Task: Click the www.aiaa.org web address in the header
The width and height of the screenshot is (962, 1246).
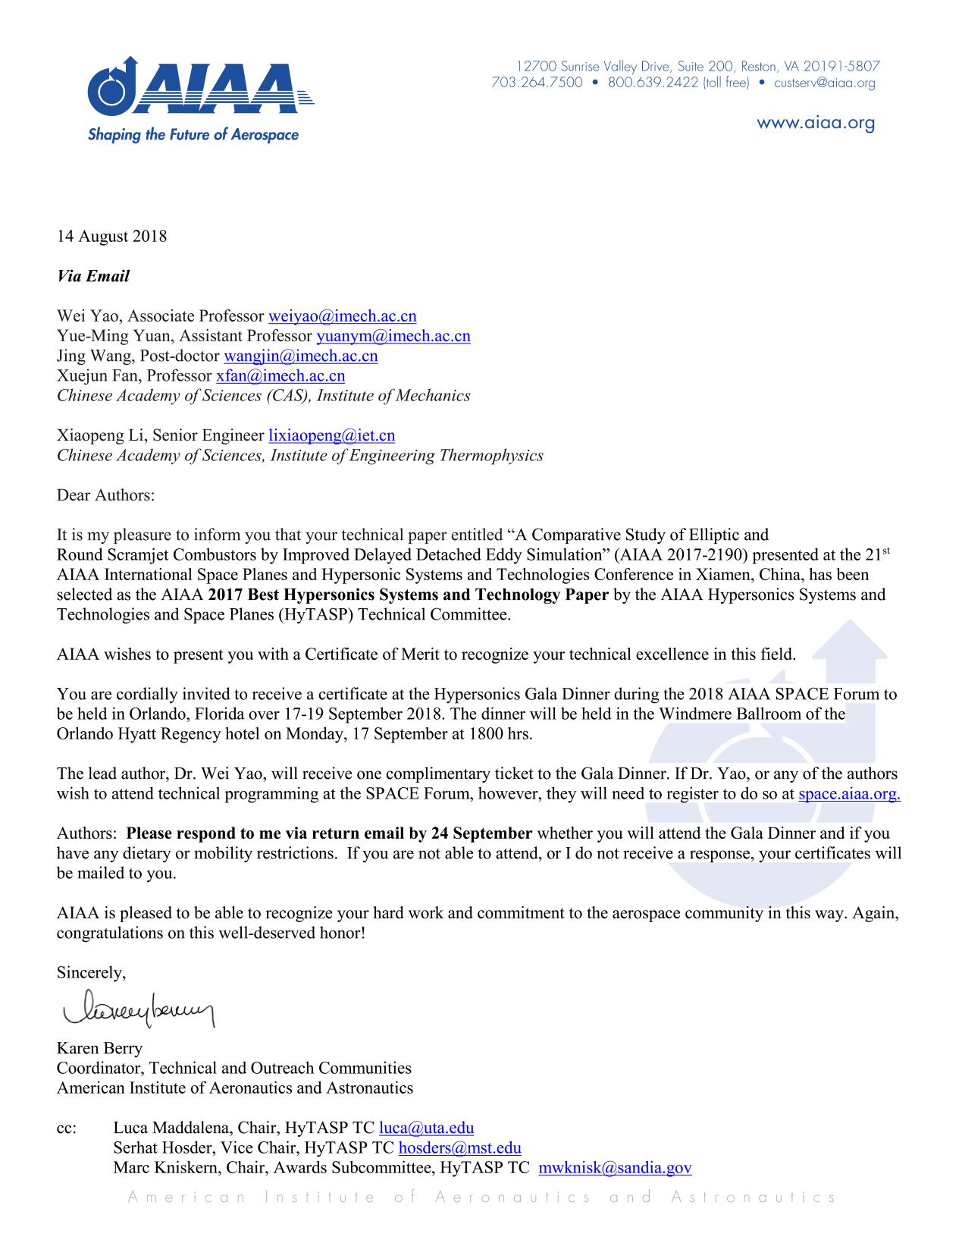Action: [816, 124]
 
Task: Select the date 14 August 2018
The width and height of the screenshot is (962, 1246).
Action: [111, 236]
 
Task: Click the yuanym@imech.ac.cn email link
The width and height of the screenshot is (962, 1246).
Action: [393, 336]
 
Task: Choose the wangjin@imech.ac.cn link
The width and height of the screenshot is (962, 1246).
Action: [300, 356]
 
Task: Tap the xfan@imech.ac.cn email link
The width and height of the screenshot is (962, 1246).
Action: [280, 375]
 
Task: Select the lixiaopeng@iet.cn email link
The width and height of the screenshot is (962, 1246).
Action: [331, 435]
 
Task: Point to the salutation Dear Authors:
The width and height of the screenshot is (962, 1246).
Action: [105, 495]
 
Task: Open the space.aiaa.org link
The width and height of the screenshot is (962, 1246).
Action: [849, 794]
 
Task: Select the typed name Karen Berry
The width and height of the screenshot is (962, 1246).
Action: [99, 1048]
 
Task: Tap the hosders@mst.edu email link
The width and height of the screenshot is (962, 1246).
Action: [459, 1148]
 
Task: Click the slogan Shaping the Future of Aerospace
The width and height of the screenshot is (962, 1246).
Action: [193, 135]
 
